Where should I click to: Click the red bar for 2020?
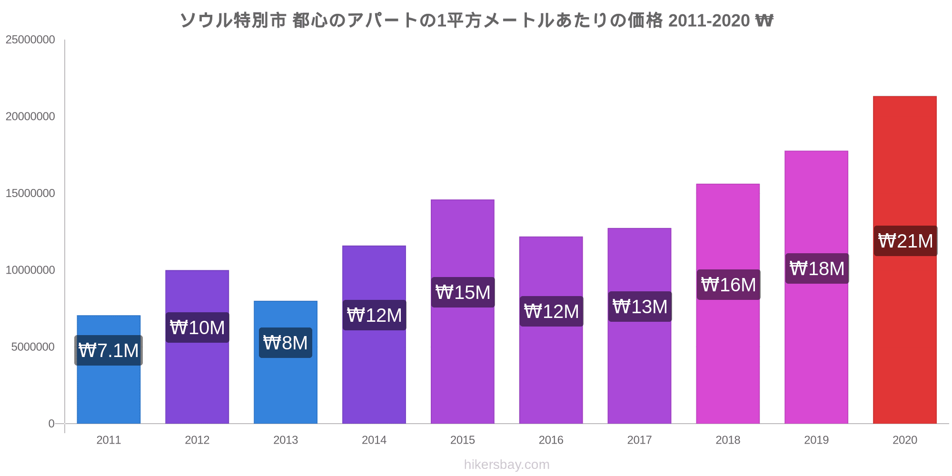[904, 333]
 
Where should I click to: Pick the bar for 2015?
[463, 362]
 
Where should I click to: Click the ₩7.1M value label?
[109, 351]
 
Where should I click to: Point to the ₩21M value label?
[905, 241]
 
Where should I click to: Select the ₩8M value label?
[286, 343]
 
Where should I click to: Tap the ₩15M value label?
[463, 292]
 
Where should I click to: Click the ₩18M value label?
[817, 268]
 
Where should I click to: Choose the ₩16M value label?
[728, 285]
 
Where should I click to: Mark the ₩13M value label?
[640, 307]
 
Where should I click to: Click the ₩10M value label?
[197, 327]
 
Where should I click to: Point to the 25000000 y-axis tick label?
[30, 40]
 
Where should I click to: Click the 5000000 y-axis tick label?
[33, 347]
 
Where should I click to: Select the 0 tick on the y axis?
[51, 424]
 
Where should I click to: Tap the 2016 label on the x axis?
[551, 440]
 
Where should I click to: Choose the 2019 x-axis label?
[816, 440]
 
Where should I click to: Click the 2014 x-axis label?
[374, 440]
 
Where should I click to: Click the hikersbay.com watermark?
[506, 465]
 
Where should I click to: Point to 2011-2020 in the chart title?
[709, 20]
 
